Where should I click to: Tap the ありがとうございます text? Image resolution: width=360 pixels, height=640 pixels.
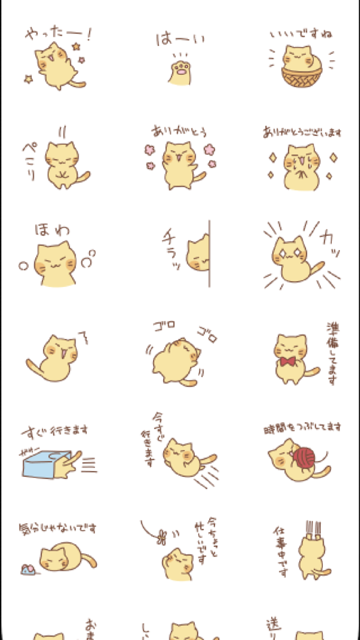click(x=301, y=132)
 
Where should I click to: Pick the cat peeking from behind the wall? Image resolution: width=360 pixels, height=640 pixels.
click(x=198, y=255)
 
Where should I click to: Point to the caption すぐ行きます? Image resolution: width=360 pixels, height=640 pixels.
click(x=55, y=430)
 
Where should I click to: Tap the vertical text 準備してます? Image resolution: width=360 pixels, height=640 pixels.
click(x=332, y=354)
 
